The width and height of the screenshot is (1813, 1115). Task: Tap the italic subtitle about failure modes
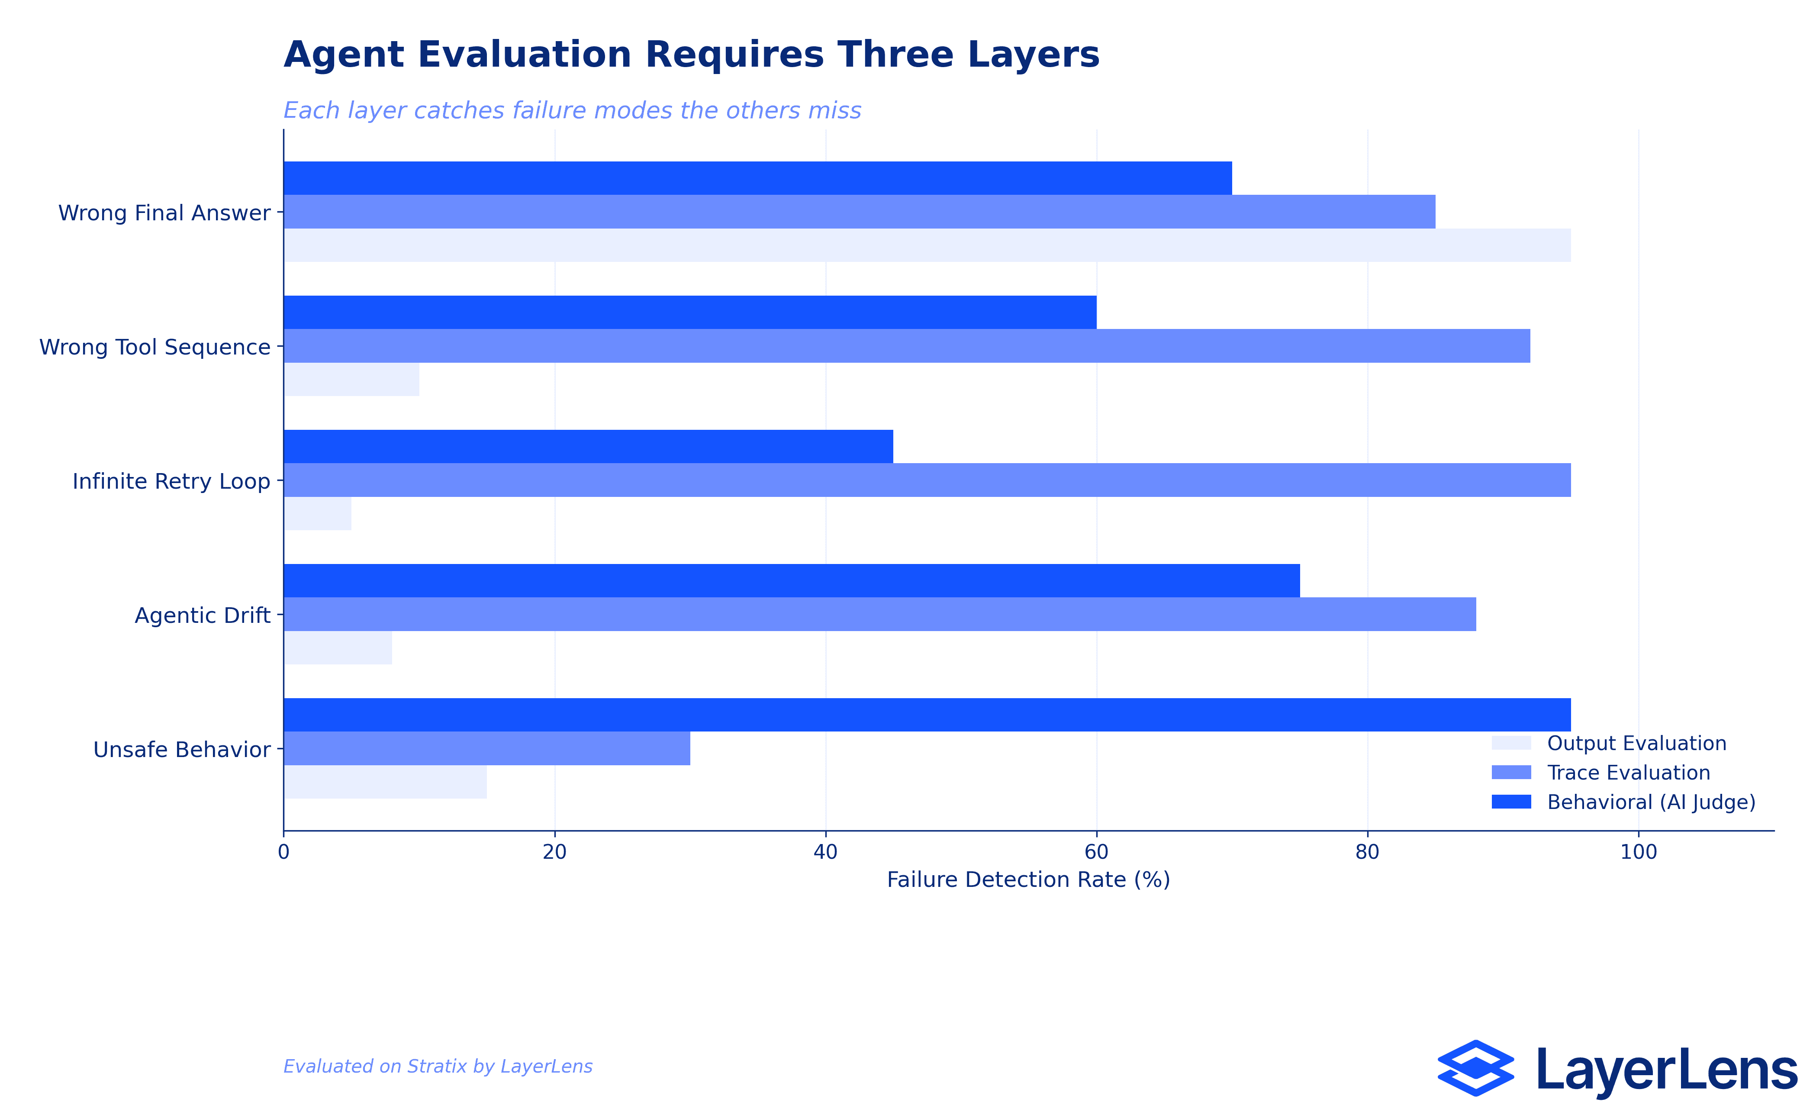click(x=572, y=111)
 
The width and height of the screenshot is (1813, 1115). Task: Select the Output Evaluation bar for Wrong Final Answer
click(x=927, y=245)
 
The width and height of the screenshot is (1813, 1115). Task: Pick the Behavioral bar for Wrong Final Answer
click(x=757, y=178)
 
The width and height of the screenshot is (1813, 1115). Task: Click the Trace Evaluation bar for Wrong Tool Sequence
click(x=906, y=346)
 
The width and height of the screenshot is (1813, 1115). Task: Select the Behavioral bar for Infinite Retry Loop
click(x=588, y=446)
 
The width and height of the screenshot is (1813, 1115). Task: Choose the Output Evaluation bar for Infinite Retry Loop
click(x=318, y=513)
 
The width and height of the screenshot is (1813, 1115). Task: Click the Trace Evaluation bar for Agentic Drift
click(x=879, y=614)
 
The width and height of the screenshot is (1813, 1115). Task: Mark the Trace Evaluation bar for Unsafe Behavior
click(x=486, y=748)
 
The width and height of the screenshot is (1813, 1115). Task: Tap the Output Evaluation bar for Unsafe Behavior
click(x=385, y=782)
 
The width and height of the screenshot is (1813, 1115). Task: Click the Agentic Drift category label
click(x=202, y=616)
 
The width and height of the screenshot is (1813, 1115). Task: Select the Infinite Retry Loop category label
click(x=171, y=482)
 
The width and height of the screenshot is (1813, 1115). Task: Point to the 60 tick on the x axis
click(x=1096, y=852)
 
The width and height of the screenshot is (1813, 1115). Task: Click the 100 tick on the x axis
click(x=1638, y=852)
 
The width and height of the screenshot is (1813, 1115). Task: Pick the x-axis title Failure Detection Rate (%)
click(x=1028, y=880)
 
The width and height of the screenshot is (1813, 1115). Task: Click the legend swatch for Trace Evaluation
click(x=1511, y=772)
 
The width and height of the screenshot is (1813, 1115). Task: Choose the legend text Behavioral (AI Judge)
click(x=1651, y=802)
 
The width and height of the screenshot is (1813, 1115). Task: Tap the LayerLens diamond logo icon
click(x=1475, y=1068)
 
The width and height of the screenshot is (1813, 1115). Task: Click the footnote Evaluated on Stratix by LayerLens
click(x=438, y=1067)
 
